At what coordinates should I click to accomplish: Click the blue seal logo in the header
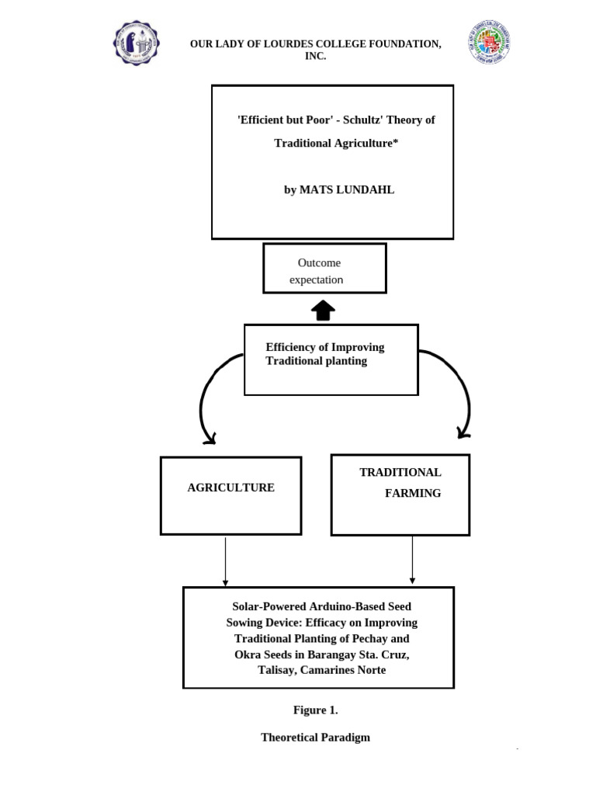click(x=136, y=43)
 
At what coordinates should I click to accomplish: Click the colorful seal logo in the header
click(x=490, y=43)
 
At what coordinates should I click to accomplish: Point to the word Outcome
click(x=319, y=262)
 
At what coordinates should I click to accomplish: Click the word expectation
click(x=316, y=279)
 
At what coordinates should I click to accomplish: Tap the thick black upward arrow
click(x=323, y=311)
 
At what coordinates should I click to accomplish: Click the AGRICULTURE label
click(x=230, y=488)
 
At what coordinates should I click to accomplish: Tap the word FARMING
click(x=413, y=493)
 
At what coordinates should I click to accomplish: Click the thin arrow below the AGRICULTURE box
click(x=225, y=561)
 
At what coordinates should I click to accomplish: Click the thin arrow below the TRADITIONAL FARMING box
click(x=412, y=560)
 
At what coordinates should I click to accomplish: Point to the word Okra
click(x=247, y=654)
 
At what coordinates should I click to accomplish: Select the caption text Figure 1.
click(x=315, y=710)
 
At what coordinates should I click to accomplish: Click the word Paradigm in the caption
click(x=345, y=738)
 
